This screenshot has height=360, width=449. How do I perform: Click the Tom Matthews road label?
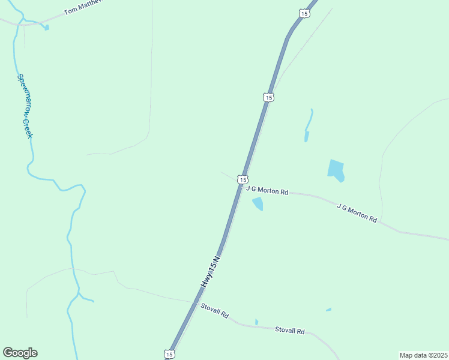pos(84,7)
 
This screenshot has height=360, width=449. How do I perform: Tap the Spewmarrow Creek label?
pos(25,106)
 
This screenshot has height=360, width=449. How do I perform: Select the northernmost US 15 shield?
pos(305,13)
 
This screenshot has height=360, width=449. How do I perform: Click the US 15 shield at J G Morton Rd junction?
pos(243,179)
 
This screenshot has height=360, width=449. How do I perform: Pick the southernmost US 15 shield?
pos(170,355)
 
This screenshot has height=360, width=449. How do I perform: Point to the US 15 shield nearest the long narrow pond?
pos(268,97)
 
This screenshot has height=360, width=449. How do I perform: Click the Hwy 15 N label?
pos(211,271)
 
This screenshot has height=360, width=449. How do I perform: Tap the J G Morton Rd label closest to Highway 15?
pos(267,190)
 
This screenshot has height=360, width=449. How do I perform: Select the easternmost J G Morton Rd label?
pos(357,213)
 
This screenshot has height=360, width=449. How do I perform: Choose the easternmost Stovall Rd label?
pos(290,330)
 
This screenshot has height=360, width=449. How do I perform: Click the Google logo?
pos(20,353)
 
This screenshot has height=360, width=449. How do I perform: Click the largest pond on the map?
pos(336,170)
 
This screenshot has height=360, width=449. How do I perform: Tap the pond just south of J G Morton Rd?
pos(258,205)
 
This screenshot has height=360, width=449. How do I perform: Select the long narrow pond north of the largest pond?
pos(308,125)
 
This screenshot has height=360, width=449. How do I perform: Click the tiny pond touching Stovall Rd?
pos(256,322)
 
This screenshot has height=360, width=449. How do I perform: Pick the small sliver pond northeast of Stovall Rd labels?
pos(328,310)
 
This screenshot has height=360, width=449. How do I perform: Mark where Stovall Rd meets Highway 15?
pos(195,302)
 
